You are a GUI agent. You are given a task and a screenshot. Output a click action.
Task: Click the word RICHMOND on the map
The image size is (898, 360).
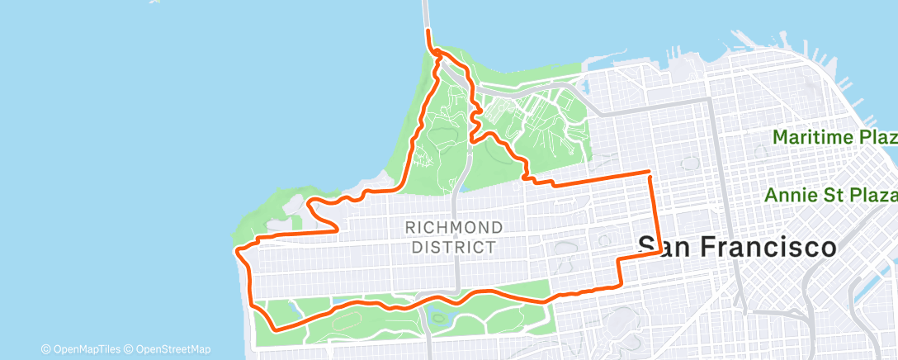[454, 227]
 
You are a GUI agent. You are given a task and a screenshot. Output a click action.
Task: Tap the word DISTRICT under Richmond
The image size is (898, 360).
[454, 246]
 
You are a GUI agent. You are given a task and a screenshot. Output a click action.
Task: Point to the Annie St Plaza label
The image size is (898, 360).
[830, 195]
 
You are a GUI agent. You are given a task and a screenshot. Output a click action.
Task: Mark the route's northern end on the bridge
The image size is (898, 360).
[428, 31]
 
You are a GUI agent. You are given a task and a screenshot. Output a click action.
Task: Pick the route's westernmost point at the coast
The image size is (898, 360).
[236, 249]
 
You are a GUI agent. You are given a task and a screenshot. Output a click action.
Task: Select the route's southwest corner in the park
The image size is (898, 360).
[274, 328]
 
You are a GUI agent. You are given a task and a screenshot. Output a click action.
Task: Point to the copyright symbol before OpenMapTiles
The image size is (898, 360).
[45, 349]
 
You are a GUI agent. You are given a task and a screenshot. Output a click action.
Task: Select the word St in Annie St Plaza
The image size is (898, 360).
[829, 195]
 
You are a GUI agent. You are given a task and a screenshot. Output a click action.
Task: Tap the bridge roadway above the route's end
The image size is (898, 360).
[426, 12]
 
